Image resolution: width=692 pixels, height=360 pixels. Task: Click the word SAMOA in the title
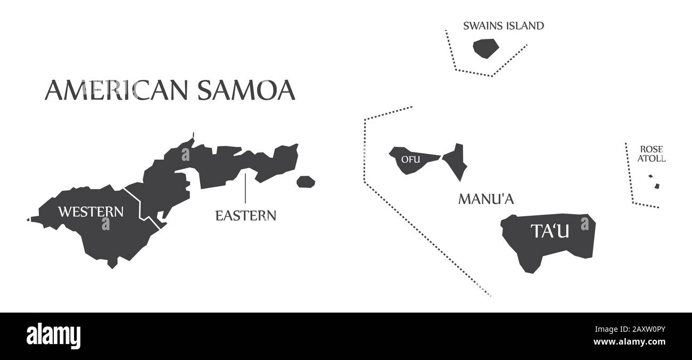click(246, 90)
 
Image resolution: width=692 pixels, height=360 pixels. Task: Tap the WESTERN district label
click(90, 211)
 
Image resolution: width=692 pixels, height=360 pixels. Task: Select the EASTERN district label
click(245, 216)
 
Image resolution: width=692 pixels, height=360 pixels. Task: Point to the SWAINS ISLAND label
click(503, 26)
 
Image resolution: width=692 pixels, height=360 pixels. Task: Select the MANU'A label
click(485, 199)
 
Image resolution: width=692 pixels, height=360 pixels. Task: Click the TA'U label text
click(550, 231)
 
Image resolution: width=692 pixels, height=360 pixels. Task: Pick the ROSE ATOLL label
click(652, 153)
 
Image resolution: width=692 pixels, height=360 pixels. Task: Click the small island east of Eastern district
click(306, 182)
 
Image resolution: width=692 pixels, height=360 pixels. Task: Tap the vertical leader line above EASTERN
click(245, 188)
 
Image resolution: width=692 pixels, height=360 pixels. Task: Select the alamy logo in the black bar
click(53, 334)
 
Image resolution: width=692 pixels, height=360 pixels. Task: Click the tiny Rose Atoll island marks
click(654, 182)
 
